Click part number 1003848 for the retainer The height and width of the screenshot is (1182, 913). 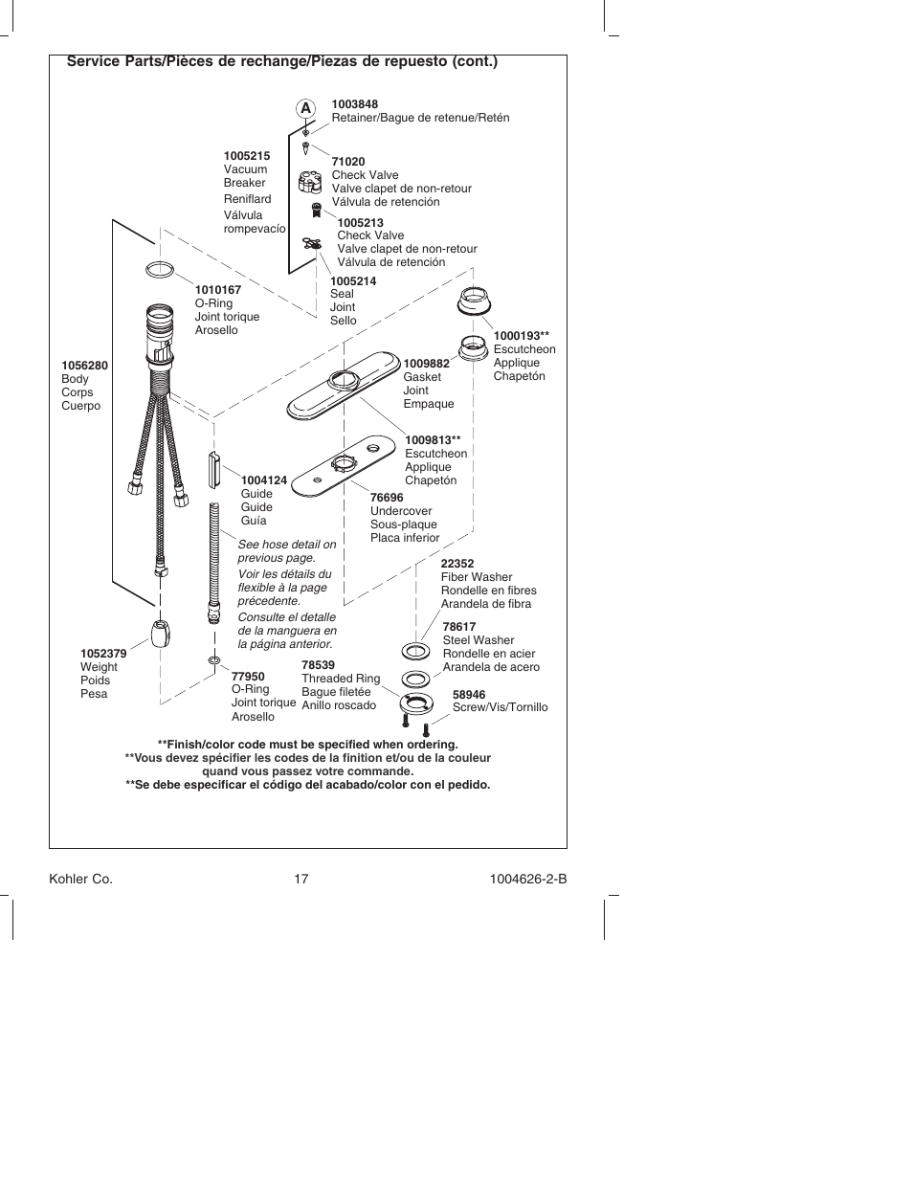(356, 104)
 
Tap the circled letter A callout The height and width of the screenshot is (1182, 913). (306, 108)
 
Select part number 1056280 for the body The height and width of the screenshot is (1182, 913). (84, 366)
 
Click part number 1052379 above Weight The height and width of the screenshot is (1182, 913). (103, 654)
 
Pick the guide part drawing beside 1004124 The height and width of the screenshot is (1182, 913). (215, 471)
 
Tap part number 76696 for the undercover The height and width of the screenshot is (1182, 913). (387, 498)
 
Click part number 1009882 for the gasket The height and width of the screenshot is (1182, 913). (426, 364)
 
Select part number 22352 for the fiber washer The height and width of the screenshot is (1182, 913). (456, 564)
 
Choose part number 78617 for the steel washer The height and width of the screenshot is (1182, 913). (459, 627)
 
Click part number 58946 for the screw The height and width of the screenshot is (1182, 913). (469, 695)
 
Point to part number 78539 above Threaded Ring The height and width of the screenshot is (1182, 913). (318, 665)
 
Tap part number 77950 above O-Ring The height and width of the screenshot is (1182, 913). (248, 676)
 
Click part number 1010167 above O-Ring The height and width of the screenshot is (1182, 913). (218, 290)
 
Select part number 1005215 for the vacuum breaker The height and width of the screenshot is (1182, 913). (247, 156)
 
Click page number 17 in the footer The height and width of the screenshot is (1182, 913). (301, 879)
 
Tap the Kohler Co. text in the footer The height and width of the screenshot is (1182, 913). (80, 879)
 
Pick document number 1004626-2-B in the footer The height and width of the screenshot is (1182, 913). (522, 879)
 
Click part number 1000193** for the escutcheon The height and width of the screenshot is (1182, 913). (521, 336)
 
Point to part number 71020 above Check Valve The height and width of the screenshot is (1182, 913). (348, 162)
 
